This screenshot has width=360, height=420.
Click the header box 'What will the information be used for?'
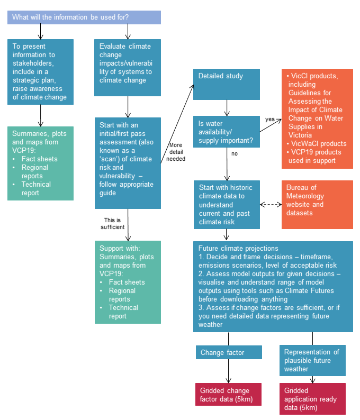click(x=84, y=17)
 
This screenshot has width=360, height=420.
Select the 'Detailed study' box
click(x=226, y=84)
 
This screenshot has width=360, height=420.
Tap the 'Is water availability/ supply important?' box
click(x=226, y=132)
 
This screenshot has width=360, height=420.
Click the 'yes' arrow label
click(x=269, y=120)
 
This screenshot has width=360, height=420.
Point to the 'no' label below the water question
click(x=234, y=154)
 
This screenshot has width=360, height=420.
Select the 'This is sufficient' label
click(x=112, y=223)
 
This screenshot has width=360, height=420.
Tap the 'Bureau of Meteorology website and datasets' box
click(x=317, y=204)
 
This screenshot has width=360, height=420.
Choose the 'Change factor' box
click(x=228, y=352)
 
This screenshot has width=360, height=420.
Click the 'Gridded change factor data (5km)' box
click(x=228, y=395)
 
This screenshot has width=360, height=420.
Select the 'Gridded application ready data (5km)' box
click(x=312, y=399)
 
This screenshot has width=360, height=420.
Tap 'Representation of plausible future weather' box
click(x=312, y=360)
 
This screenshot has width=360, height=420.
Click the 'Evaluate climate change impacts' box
click(x=127, y=67)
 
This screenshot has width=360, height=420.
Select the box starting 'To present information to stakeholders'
click(x=40, y=71)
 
